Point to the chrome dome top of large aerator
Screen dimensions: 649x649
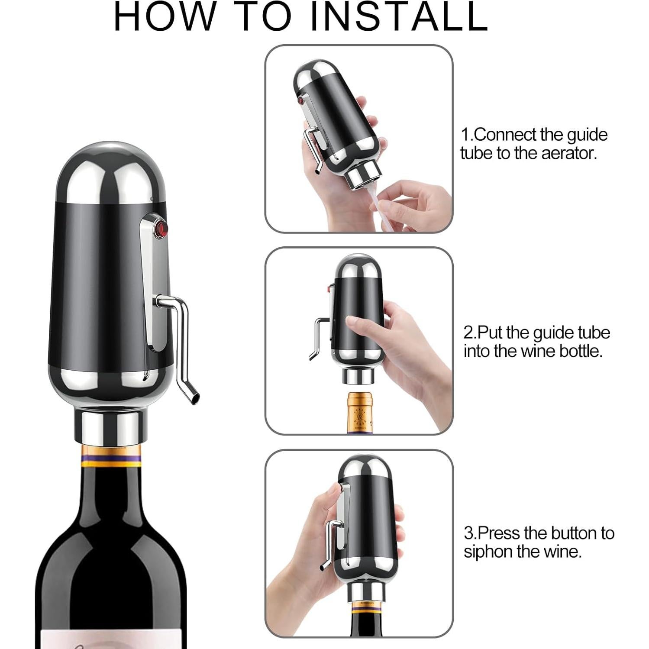(109, 173)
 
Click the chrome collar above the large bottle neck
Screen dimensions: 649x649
(110, 426)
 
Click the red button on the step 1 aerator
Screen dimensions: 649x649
(300, 101)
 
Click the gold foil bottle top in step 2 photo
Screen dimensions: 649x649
(361, 411)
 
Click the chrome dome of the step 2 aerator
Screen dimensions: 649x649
(358, 268)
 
